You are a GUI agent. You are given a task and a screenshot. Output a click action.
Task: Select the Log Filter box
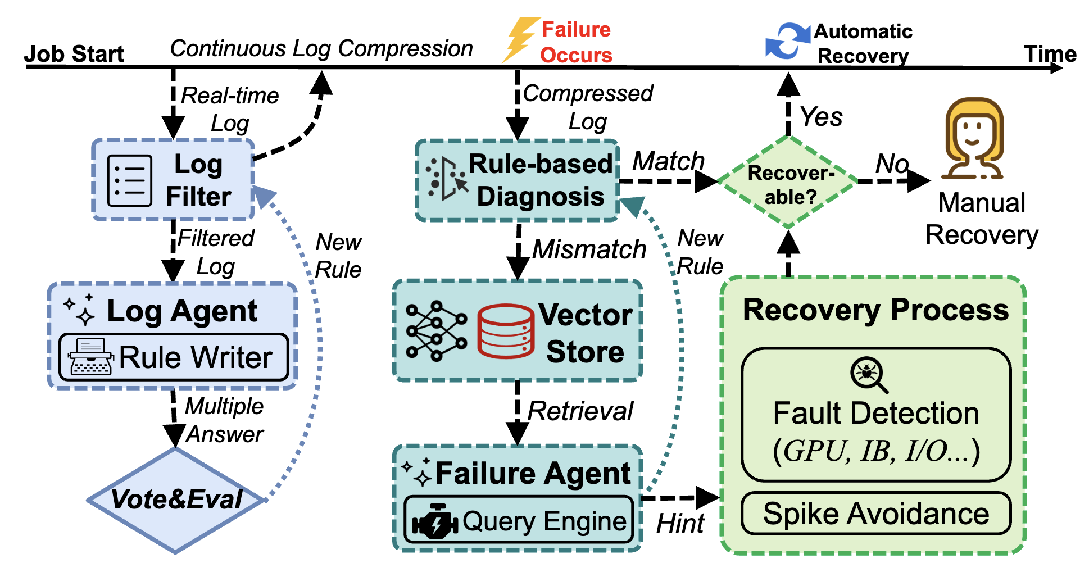tap(174, 180)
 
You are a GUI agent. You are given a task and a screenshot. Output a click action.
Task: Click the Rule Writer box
tap(174, 357)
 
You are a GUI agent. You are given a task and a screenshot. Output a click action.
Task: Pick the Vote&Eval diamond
tap(176, 500)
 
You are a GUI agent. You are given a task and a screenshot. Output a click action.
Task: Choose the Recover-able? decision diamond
tap(788, 183)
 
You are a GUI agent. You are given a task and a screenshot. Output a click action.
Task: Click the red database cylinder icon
tap(505, 331)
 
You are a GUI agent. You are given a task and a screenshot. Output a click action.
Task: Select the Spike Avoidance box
tap(875, 514)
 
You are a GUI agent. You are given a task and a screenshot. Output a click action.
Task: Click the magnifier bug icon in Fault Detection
tap(868, 374)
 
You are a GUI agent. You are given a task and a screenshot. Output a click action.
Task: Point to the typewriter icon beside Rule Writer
tap(90, 357)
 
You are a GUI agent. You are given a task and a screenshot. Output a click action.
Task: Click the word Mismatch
tap(589, 249)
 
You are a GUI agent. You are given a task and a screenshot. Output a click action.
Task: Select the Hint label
tap(679, 524)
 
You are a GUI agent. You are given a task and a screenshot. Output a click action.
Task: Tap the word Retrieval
tap(580, 411)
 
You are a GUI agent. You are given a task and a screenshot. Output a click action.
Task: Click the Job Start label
tap(74, 54)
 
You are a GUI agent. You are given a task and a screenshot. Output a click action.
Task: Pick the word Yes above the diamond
tap(821, 117)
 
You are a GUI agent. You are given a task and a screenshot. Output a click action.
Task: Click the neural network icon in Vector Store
tap(436, 331)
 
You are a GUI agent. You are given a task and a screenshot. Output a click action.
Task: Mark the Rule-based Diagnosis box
tap(517, 180)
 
